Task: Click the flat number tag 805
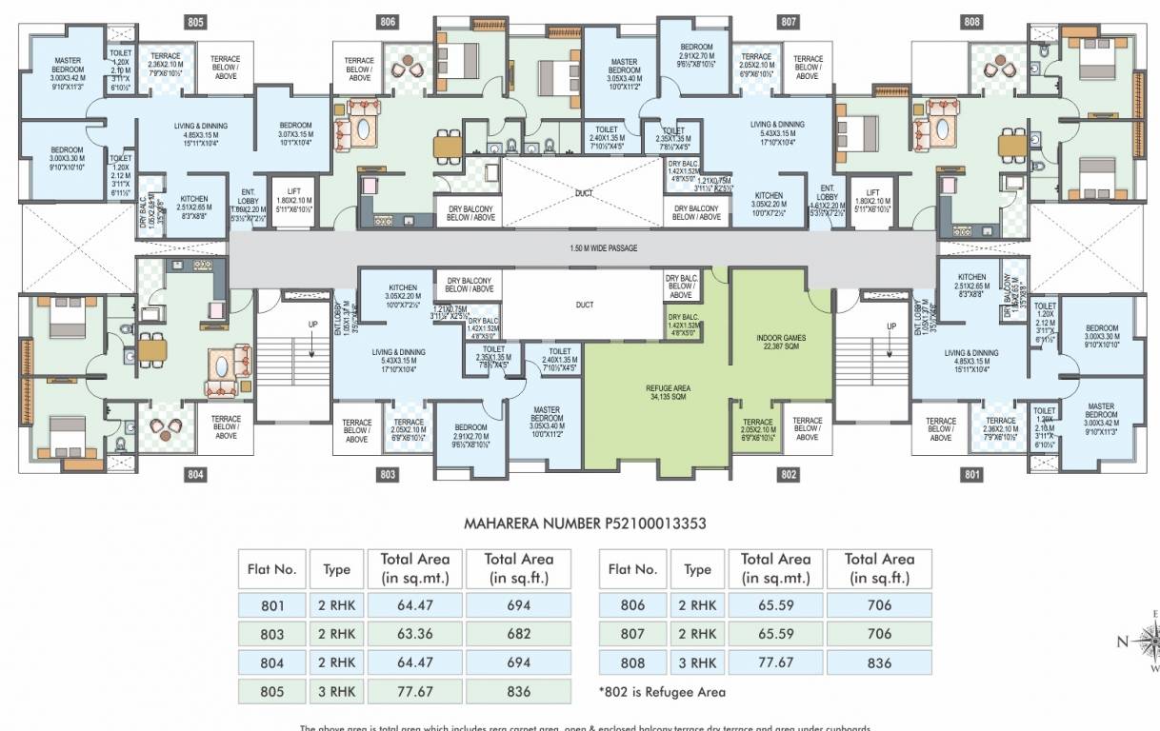[195, 22]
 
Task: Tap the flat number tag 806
[388, 22]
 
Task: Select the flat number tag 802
[789, 474]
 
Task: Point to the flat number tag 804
[195, 474]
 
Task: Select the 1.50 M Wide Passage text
[584, 248]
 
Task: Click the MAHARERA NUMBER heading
[584, 524]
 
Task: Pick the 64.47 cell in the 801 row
[414, 605]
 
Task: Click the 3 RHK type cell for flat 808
[697, 662]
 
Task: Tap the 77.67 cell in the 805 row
[414, 691]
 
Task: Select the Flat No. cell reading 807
[631, 634]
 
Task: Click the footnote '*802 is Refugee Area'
[662, 692]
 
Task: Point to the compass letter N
[1122, 642]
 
